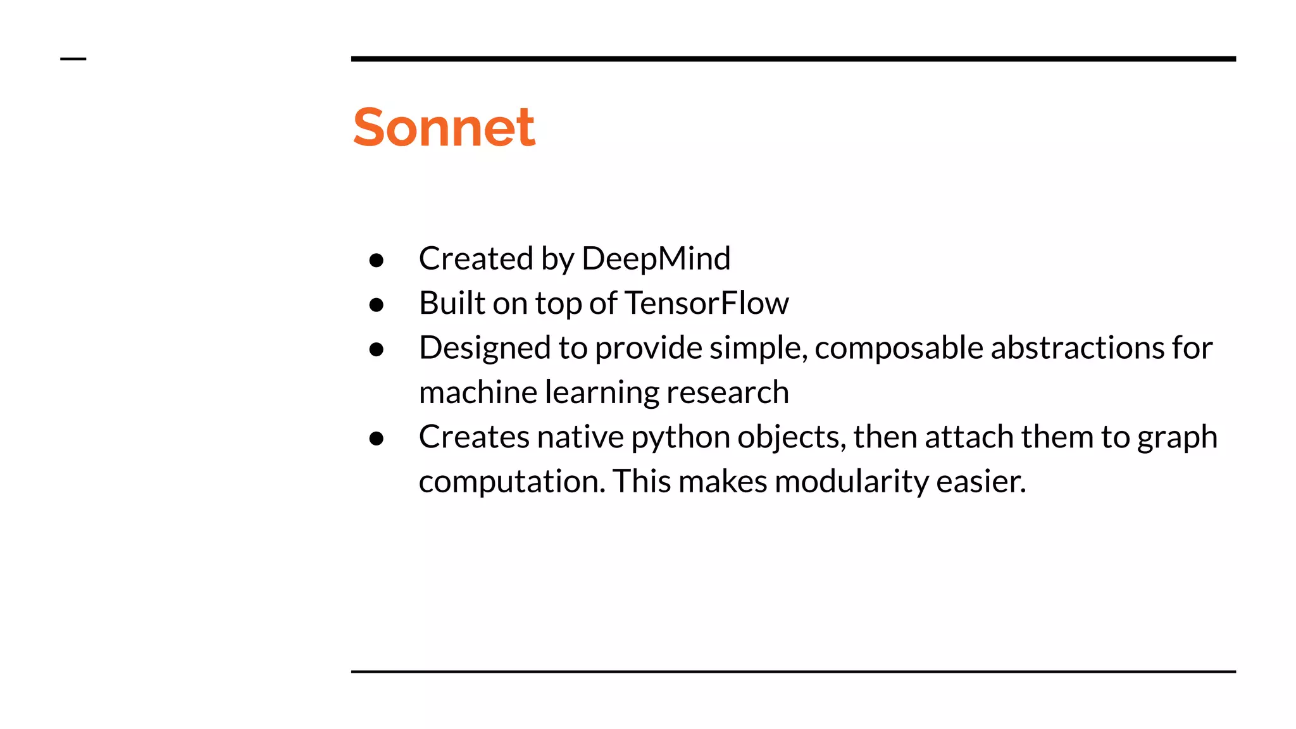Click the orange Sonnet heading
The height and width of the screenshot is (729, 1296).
coord(444,127)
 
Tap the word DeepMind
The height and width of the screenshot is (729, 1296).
coord(656,258)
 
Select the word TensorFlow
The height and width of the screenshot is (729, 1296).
coord(706,302)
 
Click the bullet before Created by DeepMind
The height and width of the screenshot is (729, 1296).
coord(377,260)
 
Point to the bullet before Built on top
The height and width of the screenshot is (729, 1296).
coord(377,305)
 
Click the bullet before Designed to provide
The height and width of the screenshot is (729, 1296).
coord(377,349)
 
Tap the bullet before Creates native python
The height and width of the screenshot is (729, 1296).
coord(377,439)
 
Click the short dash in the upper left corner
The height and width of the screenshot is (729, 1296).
coord(73,59)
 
